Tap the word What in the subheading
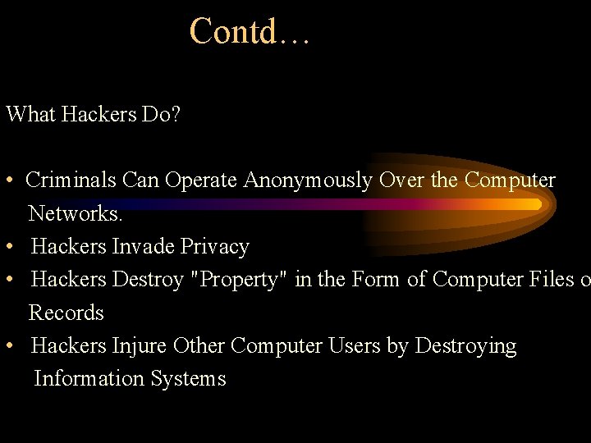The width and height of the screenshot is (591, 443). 30,114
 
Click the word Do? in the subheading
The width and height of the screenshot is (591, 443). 161,114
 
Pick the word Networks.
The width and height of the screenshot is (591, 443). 76,214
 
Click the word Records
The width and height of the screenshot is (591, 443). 66,313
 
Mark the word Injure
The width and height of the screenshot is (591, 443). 140,346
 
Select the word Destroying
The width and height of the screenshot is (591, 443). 465,346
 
